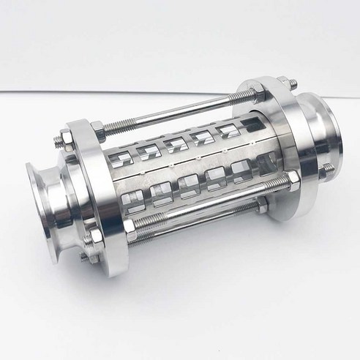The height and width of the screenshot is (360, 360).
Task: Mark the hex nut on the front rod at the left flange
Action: coord(130,225)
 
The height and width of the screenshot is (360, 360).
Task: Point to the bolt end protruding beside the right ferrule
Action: coord(327,169)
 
